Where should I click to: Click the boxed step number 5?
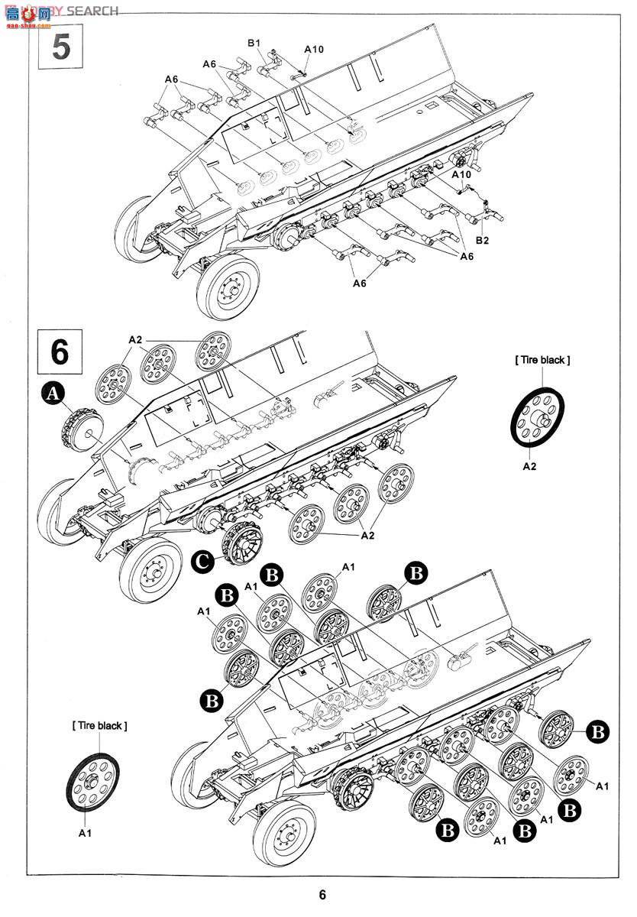point(61,47)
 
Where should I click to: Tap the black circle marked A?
point(52,394)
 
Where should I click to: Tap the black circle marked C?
point(202,562)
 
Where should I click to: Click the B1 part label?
point(254,44)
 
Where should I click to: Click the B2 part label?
point(482,240)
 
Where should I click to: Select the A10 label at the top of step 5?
point(313,49)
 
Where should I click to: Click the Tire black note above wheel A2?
point(542,359)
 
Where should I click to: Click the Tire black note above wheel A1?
point(99,725)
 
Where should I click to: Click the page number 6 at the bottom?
point(322,895)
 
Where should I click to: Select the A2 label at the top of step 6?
point(134,339)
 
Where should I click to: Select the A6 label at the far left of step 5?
point(171,79)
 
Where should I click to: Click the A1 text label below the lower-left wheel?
point(85,833)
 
